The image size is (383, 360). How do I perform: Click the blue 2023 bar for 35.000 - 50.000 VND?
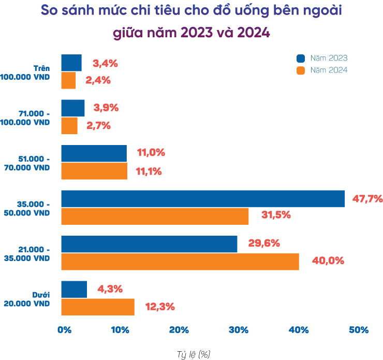coord(203,198)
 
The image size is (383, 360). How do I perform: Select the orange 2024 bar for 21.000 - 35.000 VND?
coord(180,262)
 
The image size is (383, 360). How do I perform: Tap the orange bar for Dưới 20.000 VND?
coord(98,307)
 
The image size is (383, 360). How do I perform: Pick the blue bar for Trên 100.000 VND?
coord(71,63)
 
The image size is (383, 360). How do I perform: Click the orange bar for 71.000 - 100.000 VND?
coord(69,126)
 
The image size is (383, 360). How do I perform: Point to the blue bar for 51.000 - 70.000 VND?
coord(94,153)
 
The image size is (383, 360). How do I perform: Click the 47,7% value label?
coord(367,198)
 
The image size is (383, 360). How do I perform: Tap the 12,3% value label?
coord(160,307)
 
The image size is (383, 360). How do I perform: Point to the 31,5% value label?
coord(276,215)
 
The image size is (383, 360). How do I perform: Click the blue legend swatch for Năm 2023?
coord(301,58)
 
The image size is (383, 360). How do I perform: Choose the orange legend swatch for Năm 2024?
coord(301,70)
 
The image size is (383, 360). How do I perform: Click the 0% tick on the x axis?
coord(64,330)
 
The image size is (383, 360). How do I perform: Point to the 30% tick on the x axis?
coord(239,330)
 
